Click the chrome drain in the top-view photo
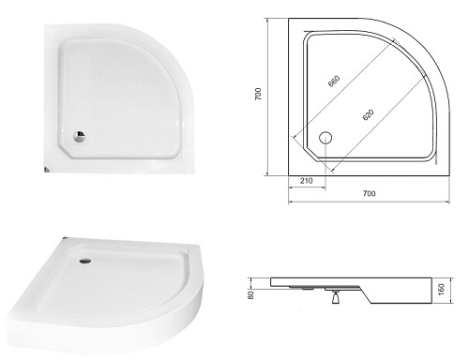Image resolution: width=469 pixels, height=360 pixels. click(79, 137)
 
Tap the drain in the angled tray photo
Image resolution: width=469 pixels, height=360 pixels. click(85, 261)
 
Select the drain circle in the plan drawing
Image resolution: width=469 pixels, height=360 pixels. click(325, 138)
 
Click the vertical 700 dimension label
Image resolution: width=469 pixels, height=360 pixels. click(258, 94)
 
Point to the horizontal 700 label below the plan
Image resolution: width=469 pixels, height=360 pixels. click(370, 193)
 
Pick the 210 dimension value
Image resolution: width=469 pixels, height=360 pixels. click(307, 181)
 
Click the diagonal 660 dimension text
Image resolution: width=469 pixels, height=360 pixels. click(334, 81)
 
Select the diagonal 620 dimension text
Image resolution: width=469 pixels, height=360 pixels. click(368, 114)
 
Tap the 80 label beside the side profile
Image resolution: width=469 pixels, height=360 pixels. click(250, 295)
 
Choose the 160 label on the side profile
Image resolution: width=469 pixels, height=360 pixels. click(441, 290)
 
